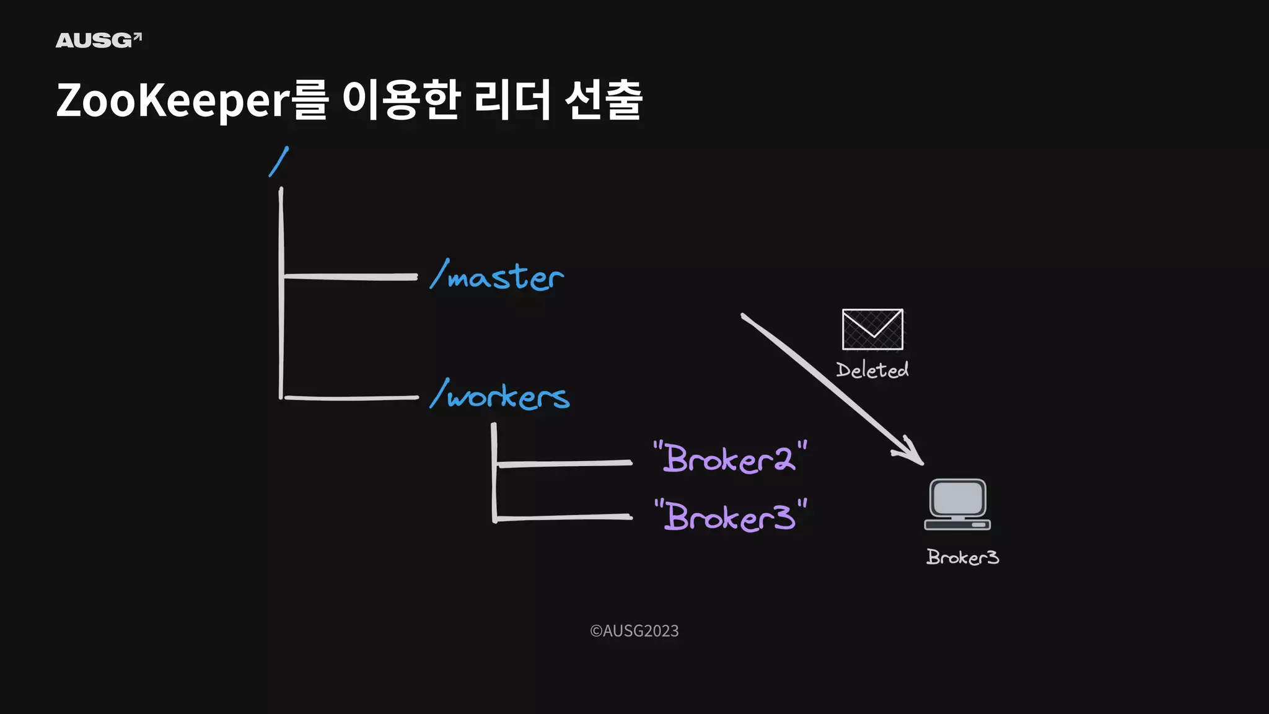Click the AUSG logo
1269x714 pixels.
tap(99, 40)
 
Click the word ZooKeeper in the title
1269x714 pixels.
tap(173, 100)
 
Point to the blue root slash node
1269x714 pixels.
tap(279, 162)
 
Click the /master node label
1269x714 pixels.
tap(498, 276)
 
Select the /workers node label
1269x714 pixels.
tap(500, 395)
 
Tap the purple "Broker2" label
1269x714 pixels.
tap(730, 458)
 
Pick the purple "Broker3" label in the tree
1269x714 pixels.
tap(731, 516)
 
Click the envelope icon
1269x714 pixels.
tap(872, 329)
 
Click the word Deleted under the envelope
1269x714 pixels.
tap(872, 370)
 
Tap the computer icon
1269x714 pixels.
tap(957, 505)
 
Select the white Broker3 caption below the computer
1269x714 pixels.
tap(962, 557)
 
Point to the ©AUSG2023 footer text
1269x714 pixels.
tap(634, 631)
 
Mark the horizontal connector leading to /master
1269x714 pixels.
tap(350, 276)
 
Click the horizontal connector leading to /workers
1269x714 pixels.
tap(351, 397)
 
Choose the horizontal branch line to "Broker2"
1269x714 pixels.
tap(564, 463)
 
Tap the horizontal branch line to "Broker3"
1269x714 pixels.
tap(564, 517)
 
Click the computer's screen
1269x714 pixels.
tap(957, 497)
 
